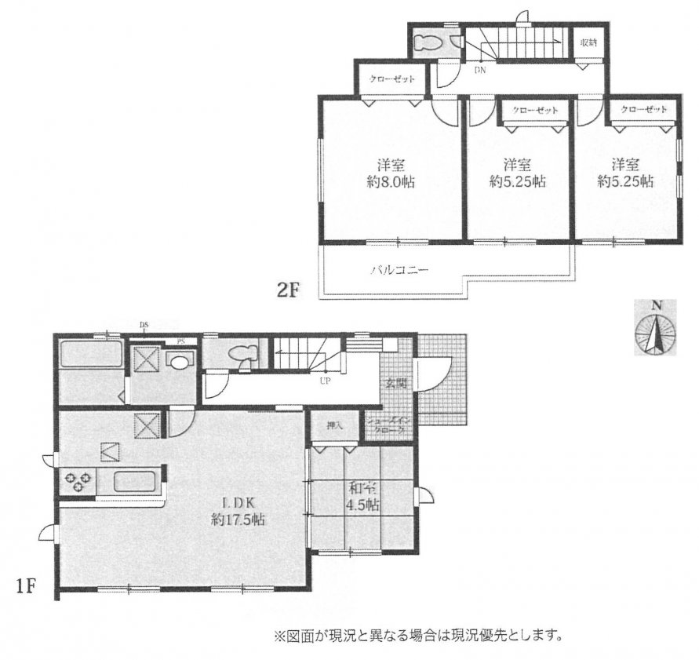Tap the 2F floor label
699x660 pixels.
pyautogui.click(x=288, y=291)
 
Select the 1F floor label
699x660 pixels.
pyautogui.click(x=24, y=585)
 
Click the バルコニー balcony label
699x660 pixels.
pyautogui.click(x=399, y=270)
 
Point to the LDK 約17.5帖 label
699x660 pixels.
pyautogui.click(x=235, y=510)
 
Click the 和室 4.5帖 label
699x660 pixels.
pyautogui.click(x=363, y=498)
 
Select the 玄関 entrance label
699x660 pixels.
pyautogui.click(x=395, y=384)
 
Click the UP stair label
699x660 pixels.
pyautogui.click(x=323, y=384)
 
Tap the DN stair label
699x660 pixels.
pyautogui.click(x=479, y=71)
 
